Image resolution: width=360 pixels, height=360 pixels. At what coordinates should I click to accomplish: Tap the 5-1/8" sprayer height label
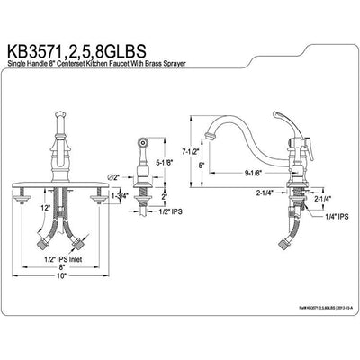click(176, 163)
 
